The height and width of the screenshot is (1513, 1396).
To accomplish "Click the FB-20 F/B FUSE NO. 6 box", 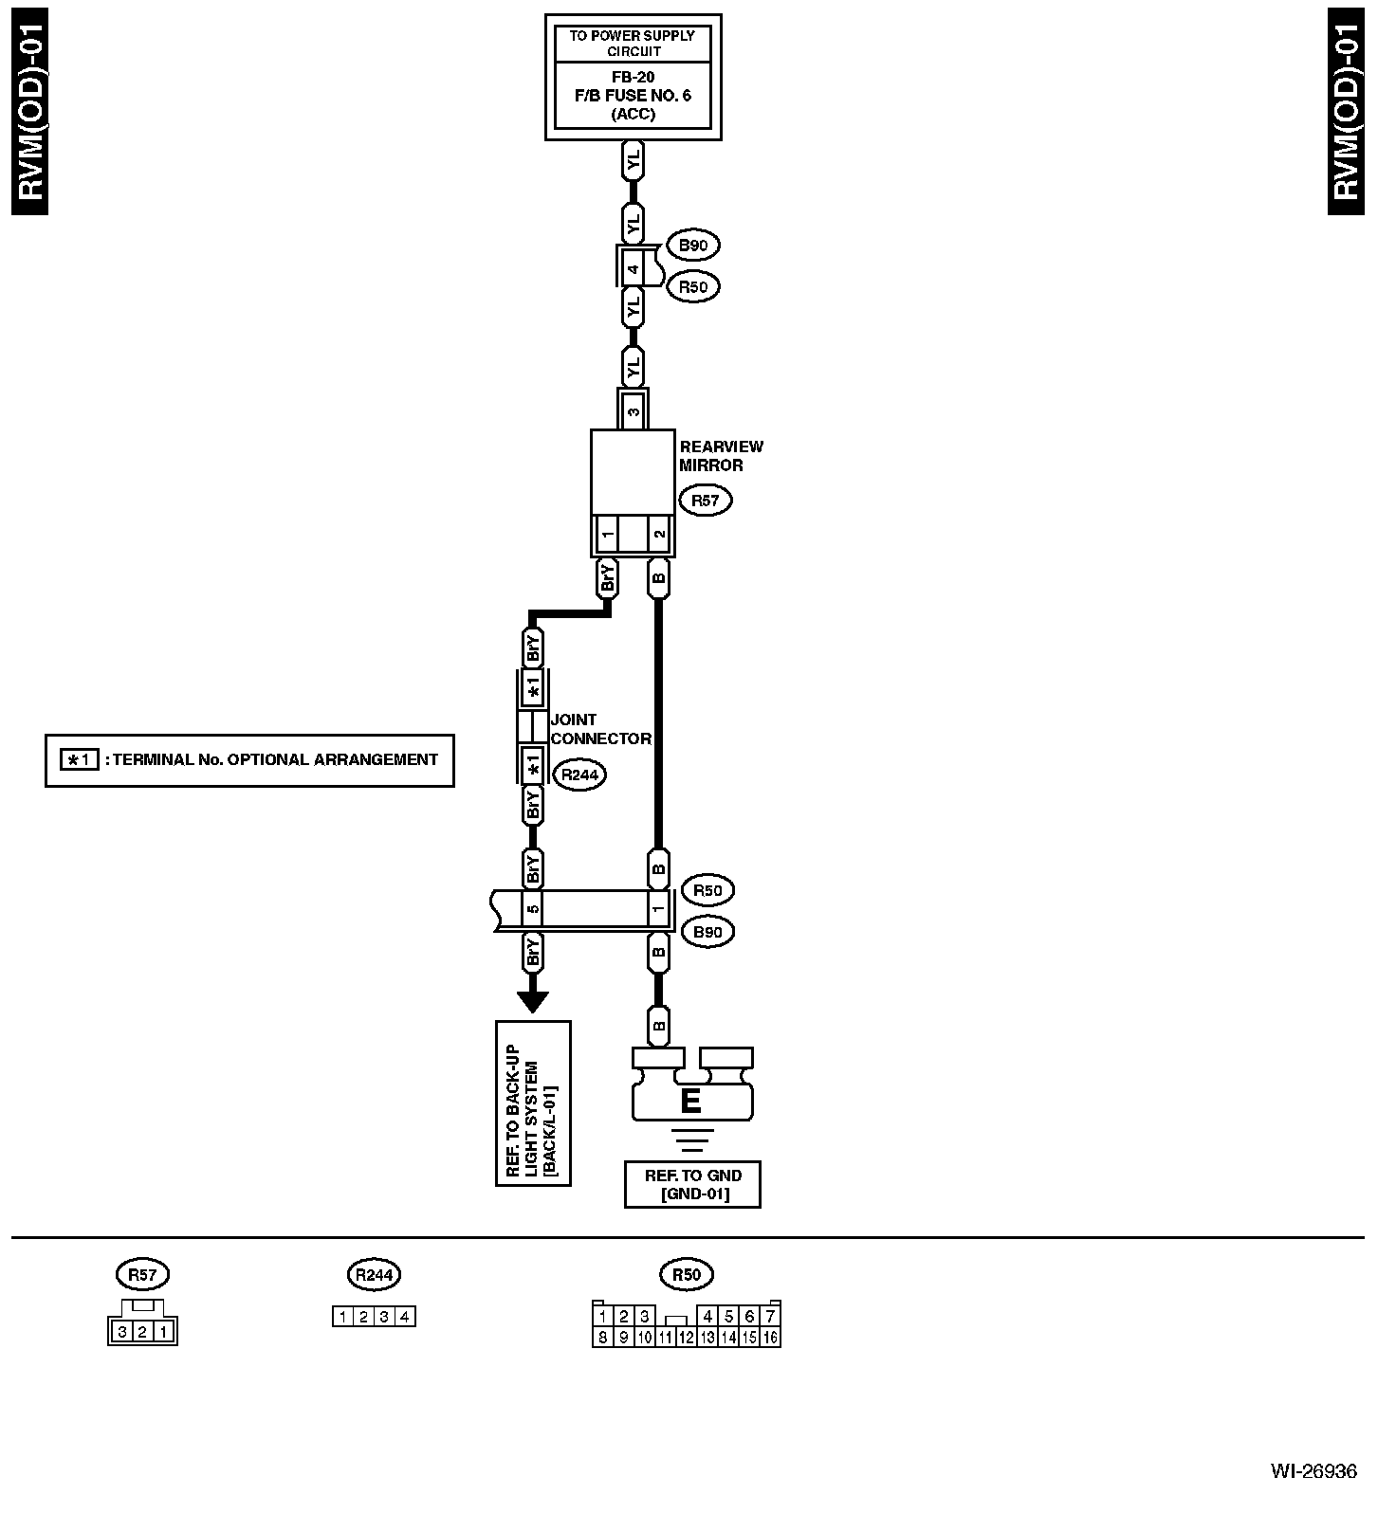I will [x=633, y=95].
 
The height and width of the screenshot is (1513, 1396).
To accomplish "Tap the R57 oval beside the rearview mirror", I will [x=705, y=501].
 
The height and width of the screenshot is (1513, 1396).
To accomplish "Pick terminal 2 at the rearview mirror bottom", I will [x=659, y=535].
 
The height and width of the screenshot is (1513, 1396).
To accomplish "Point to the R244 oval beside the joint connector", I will [x=579, y=775].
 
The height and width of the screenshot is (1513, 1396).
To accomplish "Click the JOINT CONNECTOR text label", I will [x=600, y=729].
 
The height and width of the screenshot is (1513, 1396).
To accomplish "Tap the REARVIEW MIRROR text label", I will [x=721, y=456].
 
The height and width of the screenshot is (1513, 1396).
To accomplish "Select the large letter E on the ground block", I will [x=690, y=1102].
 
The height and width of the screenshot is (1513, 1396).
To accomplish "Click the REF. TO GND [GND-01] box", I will [x=692, y=1184].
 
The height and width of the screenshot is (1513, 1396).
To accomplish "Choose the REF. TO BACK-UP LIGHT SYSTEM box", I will [x=533, y=1103].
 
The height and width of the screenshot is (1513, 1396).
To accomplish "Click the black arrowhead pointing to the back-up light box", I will [x=533, y=1001].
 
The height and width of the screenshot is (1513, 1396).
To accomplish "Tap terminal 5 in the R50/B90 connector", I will [x=533, y=909].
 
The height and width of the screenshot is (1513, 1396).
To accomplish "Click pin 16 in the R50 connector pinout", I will [x=770, y=1338].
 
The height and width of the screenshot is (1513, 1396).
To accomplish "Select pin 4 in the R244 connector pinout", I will [x=405, y=1316].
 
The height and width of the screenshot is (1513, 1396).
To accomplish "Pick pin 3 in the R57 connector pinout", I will [x=122, y=1332].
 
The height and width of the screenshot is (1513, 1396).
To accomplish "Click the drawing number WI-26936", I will [x=1313, y=1471].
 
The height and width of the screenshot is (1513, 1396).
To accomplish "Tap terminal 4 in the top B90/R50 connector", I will [x=633, y=268].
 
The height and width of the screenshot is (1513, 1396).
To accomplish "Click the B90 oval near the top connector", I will [x=693, y=246].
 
